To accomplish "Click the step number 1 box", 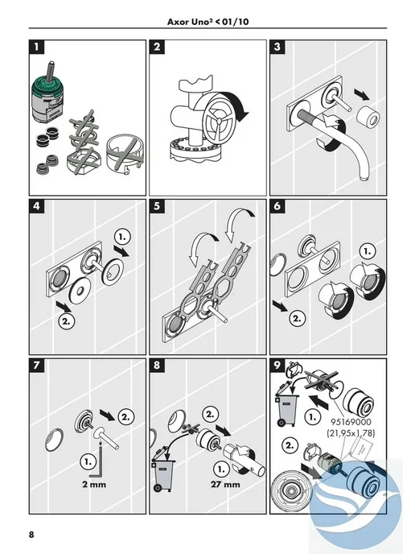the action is [x=37, y=47].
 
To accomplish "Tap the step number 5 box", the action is [x=157, y=206].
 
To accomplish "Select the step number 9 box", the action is [x=277, y=366].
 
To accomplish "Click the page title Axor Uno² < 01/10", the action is [x=207, y=22].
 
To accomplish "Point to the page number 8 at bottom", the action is [x=31, y=534].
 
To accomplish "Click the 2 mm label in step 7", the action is [x=94, y=485].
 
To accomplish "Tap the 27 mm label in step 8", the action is [x=225, y=485].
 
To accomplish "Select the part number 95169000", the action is [x=351, y=421].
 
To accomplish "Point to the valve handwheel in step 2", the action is [x=219, y=119].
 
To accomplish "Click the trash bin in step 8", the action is [x=163, y=474].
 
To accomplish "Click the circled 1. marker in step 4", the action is [x=122, y=237].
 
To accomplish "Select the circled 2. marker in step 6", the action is [x=297, y=318].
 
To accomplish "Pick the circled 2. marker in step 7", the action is [x=125, y=417].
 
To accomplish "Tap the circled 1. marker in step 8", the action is [x=221, y=469].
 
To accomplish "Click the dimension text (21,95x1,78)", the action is [x=351, y=433].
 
